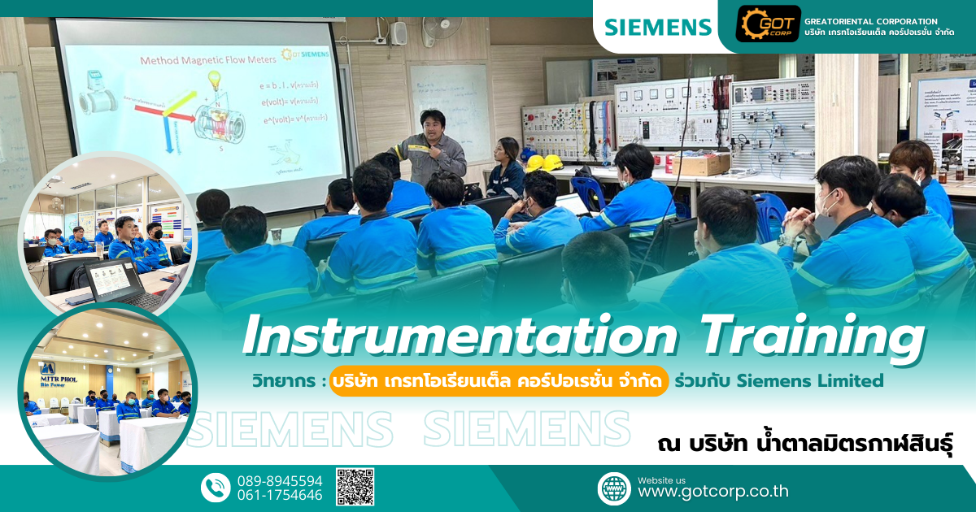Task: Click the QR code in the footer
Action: pyautogui.click(x=355, y=487)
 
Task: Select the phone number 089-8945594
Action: pyautogui.click(x=279, y=480)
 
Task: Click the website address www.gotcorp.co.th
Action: pyautogui.click(x=712, y=492)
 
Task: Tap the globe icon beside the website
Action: pyautogui.click(x=614, y=488)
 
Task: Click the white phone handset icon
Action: pyautogui.click(x=216, y=488)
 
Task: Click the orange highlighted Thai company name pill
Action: pyautogui.click(x=499, y=380)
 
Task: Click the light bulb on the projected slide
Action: pyautogui.click(x=215, y=79)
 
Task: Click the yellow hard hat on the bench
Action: pyautogui.click(x=553, y=162)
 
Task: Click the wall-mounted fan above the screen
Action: pyautogui.click(x=440, y=31)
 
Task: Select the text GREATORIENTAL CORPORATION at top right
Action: pyautogui.click(x=870, y=21)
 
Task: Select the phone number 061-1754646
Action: pyautogui.click(x=279, y=495)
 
